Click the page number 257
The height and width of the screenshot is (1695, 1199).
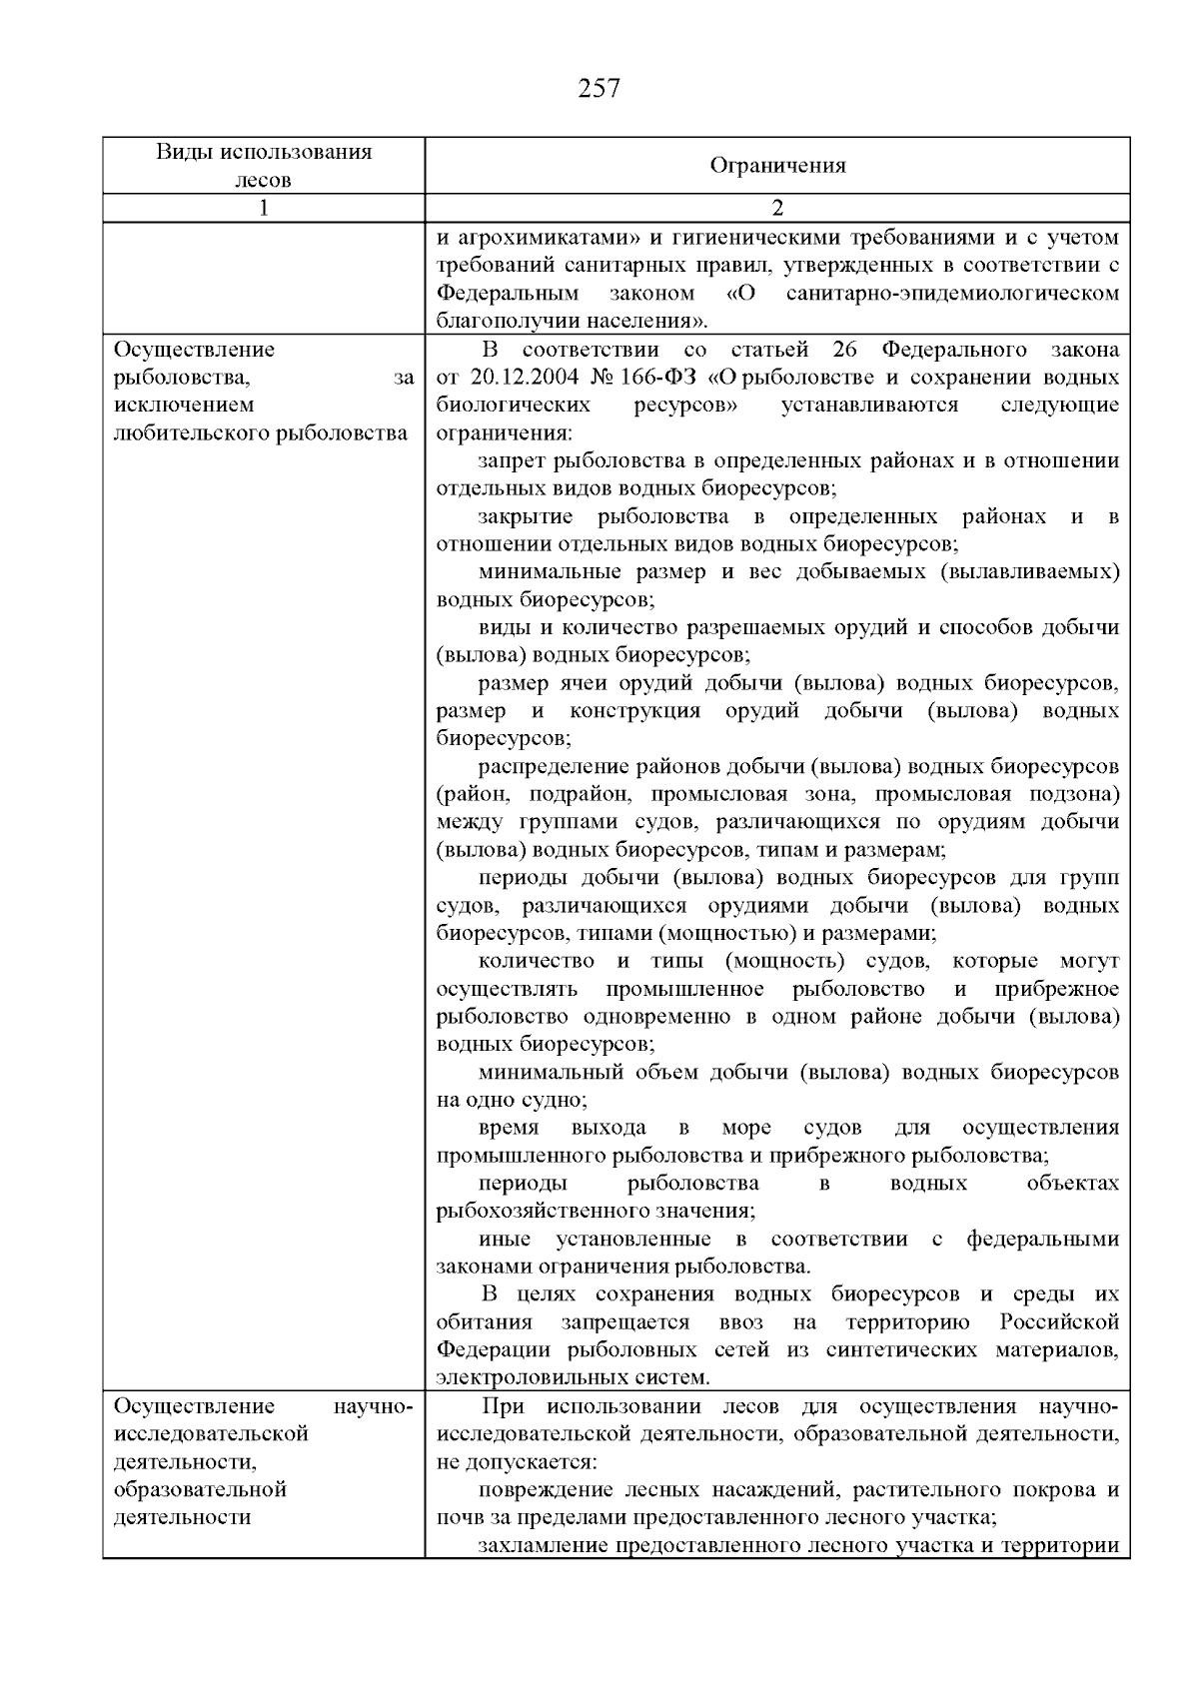[599, 89]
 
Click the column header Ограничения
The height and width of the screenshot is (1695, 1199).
[777, 166]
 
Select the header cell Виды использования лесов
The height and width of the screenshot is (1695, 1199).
[264, 166]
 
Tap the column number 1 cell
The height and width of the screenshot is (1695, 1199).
[264, 209]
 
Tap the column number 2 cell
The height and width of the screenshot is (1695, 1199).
[777, 209]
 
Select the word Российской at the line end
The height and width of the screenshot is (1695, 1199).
[1059, 1322]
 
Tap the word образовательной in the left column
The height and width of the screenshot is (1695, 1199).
[200, 1490]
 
